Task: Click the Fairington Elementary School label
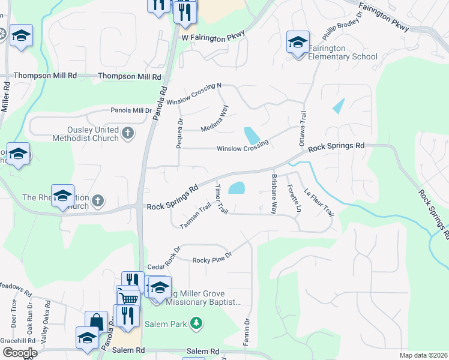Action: coord(343,52)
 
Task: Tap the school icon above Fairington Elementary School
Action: coord(298,42)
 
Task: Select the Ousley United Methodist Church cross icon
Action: coord(127,133)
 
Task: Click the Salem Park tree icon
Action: coord(194,323)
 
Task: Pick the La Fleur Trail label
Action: coord(319,203)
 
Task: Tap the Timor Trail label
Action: coord(221,200)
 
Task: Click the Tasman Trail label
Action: coord(196,216)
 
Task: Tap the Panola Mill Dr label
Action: coord(131,110)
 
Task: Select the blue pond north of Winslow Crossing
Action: coord(252,136)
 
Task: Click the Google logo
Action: coord(19,352)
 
